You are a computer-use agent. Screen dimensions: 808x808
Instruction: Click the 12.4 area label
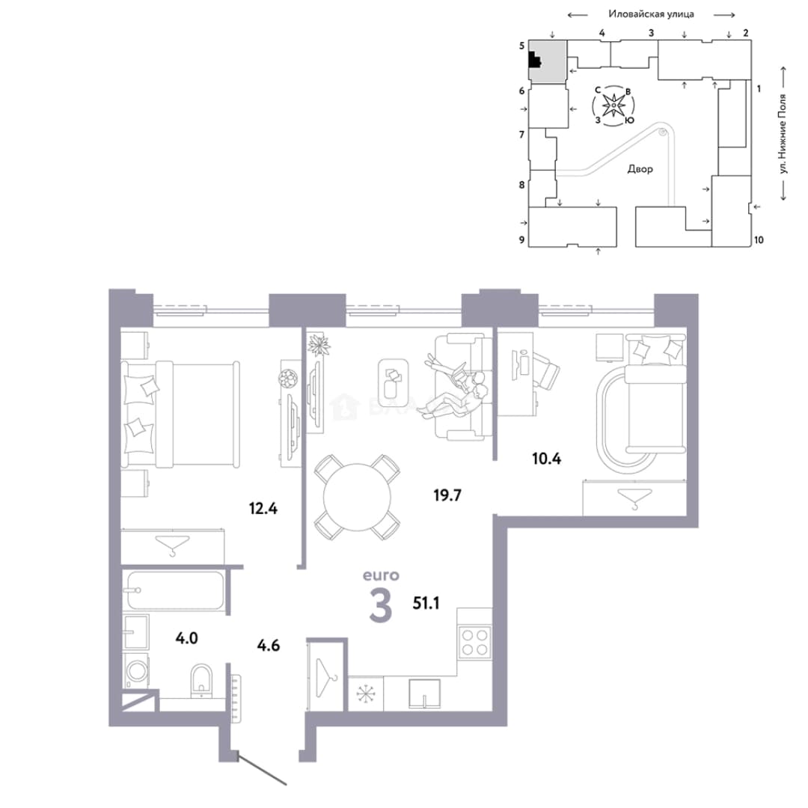tap(263, 509)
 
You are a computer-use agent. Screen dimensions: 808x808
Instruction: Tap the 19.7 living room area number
tap(447, 495)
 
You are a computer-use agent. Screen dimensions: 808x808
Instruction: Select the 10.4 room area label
tap(547, 458)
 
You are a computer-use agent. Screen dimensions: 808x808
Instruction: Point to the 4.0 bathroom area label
tap(186, 638)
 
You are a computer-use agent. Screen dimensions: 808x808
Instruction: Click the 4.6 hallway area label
tap(269, 645)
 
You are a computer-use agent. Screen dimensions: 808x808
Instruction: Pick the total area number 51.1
tap(426, 602)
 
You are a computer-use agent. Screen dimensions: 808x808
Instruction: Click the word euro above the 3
tap(382, 575)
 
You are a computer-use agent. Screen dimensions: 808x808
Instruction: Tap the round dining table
tap(357, 497)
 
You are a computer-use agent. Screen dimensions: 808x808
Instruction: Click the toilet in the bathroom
tap(201, 680)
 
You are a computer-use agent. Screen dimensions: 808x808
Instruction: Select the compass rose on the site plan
tap(613, 105)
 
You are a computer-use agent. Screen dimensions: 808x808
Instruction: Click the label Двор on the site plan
tap(640, 169)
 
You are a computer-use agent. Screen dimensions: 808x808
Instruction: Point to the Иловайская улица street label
tap(651, 14)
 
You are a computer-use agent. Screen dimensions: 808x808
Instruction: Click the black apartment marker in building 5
tap(535, 61)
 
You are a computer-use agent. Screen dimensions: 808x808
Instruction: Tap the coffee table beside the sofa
tap(394, 382)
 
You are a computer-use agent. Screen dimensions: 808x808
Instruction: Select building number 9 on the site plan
tap(521, 239)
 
